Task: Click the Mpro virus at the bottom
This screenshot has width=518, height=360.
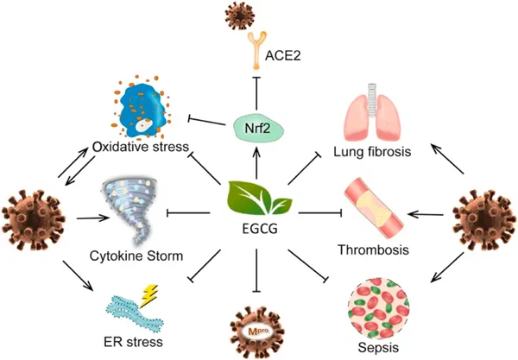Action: pos(257,325)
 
